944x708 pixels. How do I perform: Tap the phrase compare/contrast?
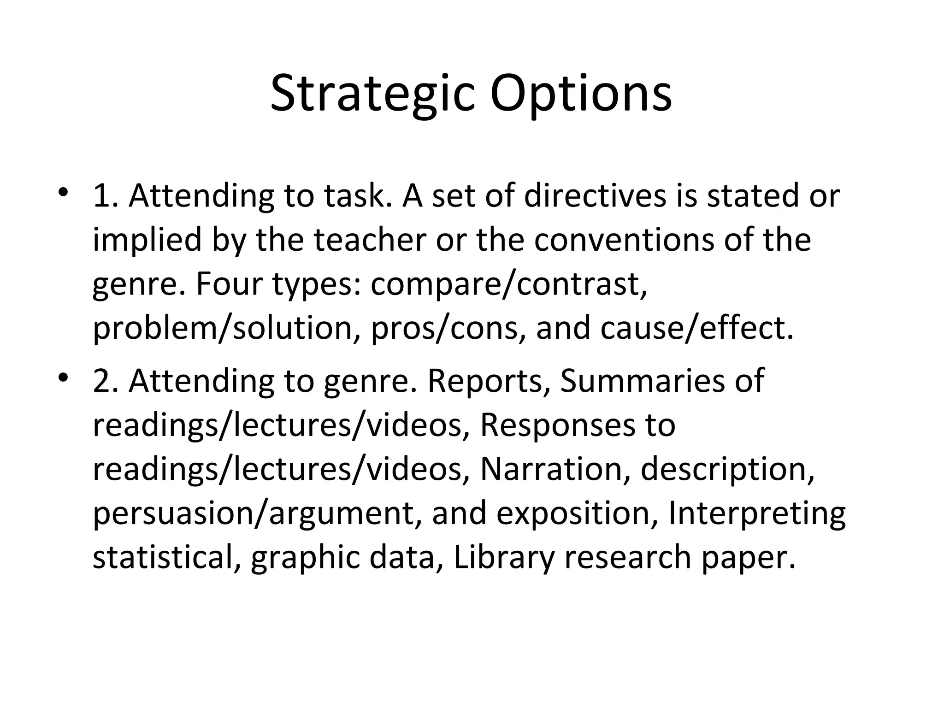pyautogui.click(x=509, y=284)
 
